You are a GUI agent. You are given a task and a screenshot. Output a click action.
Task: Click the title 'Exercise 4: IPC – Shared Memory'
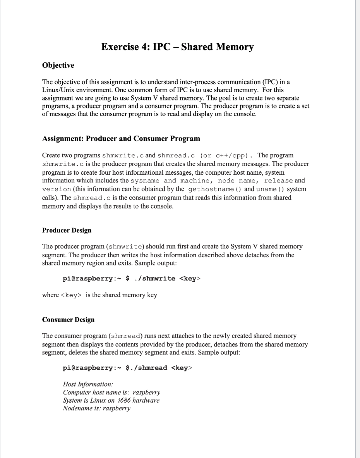click(x=177, y=47)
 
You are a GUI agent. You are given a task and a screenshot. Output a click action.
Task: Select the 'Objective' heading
click(x=58, y=65)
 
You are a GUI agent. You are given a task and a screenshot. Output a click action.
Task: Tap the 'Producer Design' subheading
click(x=67, y=231)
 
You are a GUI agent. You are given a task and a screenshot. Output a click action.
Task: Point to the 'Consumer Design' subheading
click(x=68, y=320)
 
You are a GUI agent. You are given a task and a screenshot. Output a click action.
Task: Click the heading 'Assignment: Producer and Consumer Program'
click(x=121, y=139)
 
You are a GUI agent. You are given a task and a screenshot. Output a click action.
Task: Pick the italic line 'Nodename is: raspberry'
click(x=96, y=408)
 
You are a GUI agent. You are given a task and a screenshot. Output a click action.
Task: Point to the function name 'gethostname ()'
click(x=215, y=189)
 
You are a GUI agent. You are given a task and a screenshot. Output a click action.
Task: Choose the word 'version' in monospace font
click(x=57, y=189)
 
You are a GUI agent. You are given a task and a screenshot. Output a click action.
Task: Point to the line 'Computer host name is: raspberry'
click(x=111, y=393)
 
